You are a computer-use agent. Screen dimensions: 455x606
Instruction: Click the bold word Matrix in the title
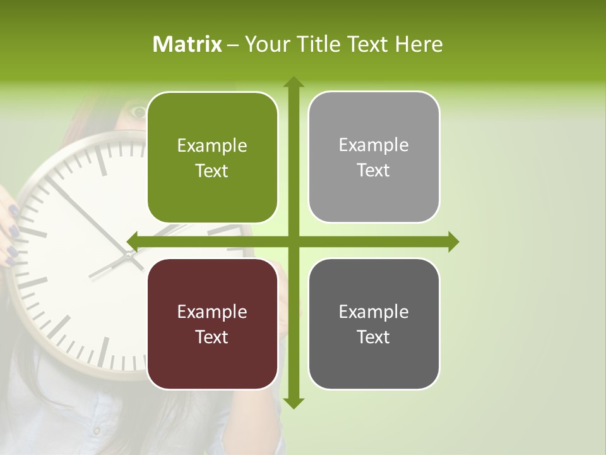[187, 44]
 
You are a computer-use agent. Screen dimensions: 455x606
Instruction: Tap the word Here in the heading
[419, 44]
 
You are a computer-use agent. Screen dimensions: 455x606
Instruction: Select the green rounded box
[212, 157]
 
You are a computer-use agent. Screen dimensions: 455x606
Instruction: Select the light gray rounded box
[374, 157]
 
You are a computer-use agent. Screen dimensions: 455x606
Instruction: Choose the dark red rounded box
[212, 324]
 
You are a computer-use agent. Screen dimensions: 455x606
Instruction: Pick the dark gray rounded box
[374, 324]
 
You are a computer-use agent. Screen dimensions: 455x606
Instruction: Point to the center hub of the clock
[129, 255]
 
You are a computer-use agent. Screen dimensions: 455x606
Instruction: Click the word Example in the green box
[212, 146]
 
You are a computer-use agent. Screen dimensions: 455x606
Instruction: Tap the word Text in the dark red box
[212, 337]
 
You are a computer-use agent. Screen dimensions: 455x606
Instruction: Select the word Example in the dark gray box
[374, 312]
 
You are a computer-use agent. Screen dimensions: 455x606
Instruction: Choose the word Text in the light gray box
[374, 171]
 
